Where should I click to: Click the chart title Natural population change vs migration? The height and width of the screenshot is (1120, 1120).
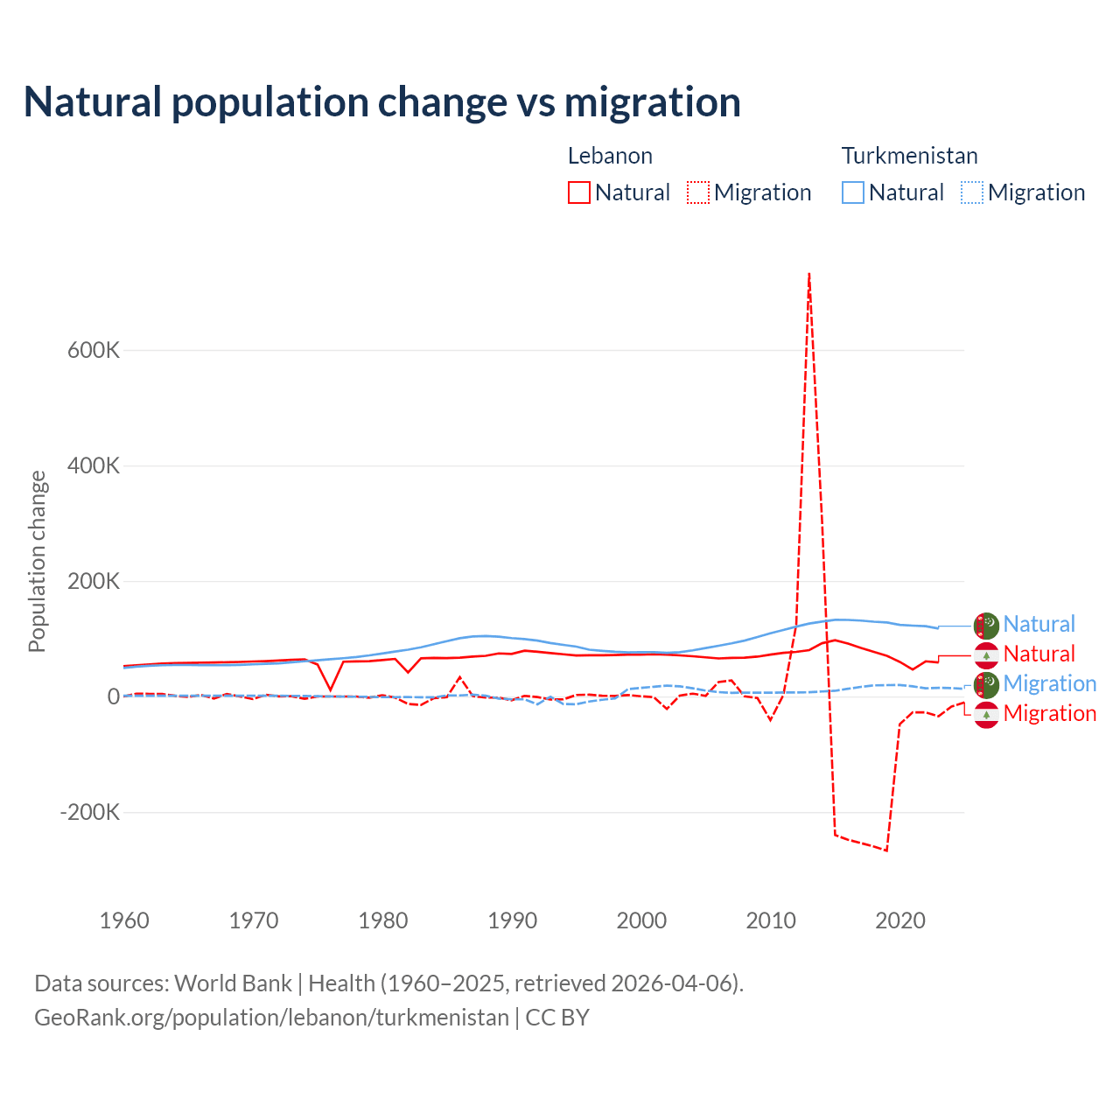pyautogui.click(x=382, y=102)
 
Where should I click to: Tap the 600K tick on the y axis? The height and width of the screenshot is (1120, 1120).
pyautogui.click(x=94, y=350)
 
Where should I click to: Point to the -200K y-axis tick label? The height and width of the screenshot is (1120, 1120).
pyautogui.click(x=89, y=812)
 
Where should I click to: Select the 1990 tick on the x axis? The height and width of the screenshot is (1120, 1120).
pyautogui.click(x=512, y=920)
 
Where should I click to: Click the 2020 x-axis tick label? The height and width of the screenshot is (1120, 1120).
pyautogui.click(x=900, y=920)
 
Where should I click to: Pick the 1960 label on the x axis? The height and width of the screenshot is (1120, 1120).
pyautogui.click(x=124, y=920)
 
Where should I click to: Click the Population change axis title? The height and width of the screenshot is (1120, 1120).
pyautogui.click(x=37, y=561)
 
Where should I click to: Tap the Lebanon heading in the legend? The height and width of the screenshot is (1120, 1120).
pyautogui.click(x=610, y=156)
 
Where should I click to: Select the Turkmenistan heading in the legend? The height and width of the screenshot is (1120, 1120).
pyautogui.click(x=909, y=156)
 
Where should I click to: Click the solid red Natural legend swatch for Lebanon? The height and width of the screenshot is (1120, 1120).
pyautogui.click(x=579, y=192)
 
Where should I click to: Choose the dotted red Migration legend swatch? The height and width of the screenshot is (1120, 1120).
pyautogui.click(x=698, y=192)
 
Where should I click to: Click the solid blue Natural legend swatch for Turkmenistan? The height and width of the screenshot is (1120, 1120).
pyautogui.click(x=853, y=192)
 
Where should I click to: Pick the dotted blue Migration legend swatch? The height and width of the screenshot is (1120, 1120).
pyautogui.click(x=972, y=192)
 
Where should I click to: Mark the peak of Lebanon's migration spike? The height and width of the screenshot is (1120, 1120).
pyautogui.click(x=809, y=275)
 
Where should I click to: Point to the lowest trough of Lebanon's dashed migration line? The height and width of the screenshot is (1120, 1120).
pyautogui.click(x=886, y=850)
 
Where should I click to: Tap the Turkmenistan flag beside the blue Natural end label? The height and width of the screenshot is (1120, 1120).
pyautogui.click(x=986, y=626)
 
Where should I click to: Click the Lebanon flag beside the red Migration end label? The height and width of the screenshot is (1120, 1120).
pyautogui.click(x=986, y=715)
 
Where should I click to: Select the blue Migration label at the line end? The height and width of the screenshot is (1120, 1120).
pyautogui.click(x=1049, y=683)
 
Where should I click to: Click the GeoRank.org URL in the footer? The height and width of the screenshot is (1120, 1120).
pyautogui.click(x=271, y=1018)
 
